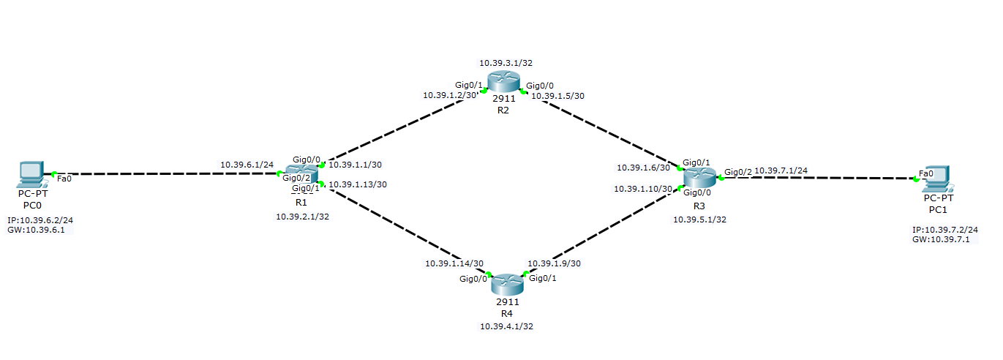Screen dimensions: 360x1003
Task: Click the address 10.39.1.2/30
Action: click(x=450, y=95)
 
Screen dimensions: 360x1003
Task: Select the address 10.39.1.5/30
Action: click(x=557, y=96)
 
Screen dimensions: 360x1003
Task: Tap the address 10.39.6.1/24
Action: click(x=247, y=165)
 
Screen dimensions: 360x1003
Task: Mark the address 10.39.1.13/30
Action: click(x=358, y=184)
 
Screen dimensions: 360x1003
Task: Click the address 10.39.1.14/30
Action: click(x=454, y=263)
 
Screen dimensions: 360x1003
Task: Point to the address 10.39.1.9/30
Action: click(x=555, y=263)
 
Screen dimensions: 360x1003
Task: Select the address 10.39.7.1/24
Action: click(x=781, y=170)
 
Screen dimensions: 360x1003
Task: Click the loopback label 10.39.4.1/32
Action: click(x=506, y=326)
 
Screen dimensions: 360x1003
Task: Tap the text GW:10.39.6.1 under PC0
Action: click(x=40, y=230)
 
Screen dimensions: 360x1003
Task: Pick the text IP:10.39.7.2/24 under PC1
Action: click(x=944, y=230)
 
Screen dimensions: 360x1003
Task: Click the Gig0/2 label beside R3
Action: click(x=737, y=172)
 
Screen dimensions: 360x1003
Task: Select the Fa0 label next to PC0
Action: click(x=64, y=179)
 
